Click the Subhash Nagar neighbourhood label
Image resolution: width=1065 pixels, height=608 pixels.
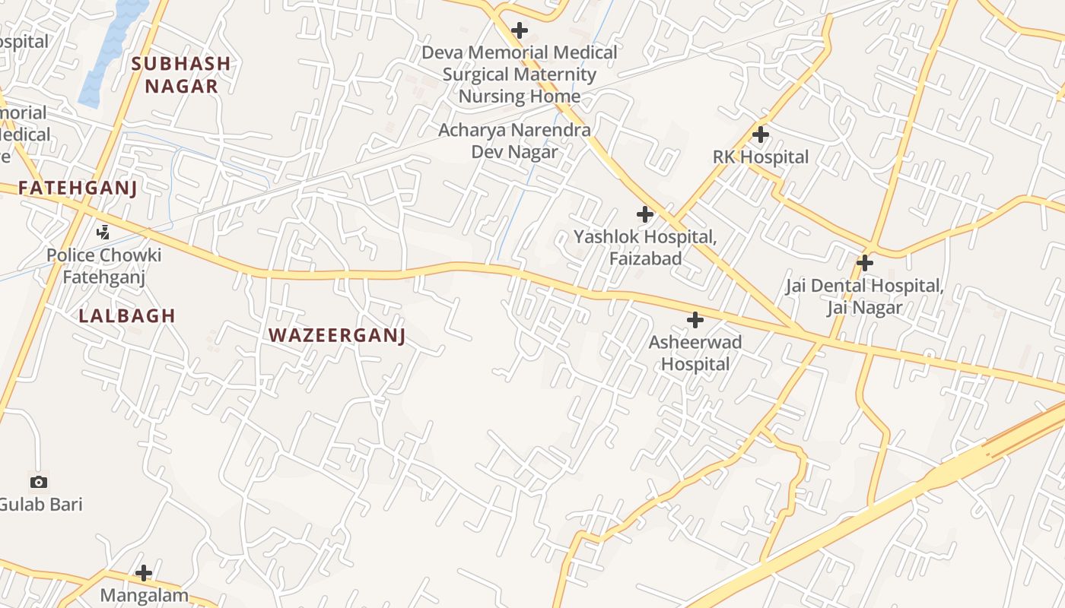click(x=180, y=74)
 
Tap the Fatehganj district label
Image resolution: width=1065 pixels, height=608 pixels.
click(x=78, y=188)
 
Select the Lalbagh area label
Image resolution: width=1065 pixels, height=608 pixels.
click(x=127, y=315)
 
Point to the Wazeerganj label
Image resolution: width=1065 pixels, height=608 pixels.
click(x=337, y=335)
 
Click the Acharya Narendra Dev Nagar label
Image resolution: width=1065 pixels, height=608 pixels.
click(x=514, y=141)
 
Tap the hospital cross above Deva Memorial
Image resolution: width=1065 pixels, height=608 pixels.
click(x=520, y=30)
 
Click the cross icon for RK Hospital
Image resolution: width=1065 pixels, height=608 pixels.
click(x=760, y=135)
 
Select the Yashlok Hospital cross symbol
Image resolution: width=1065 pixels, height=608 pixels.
click(x=645, y=214)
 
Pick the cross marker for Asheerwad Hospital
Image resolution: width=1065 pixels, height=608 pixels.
click(x=695, y=320)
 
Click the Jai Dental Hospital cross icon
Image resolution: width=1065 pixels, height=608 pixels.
click(x=864, y=263)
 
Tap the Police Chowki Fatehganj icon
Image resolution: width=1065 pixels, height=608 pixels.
click(x=103, y=233)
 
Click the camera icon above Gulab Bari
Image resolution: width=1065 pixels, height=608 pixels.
click(x=38, y=482)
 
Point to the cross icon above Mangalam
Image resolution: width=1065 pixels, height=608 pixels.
click(x=144, y=572)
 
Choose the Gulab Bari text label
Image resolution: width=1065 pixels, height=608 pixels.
click(x=41, y=504)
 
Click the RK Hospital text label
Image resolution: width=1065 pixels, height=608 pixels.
click(x=760, y=157)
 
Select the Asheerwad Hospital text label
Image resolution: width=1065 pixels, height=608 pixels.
click(x=695, y=353)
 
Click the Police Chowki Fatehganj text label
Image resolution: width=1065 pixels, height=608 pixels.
click(x=103, y=266)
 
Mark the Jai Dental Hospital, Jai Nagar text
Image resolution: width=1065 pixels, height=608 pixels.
click(x=864, y=296)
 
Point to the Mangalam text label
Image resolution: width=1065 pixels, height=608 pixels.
click(x=144, y=594)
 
